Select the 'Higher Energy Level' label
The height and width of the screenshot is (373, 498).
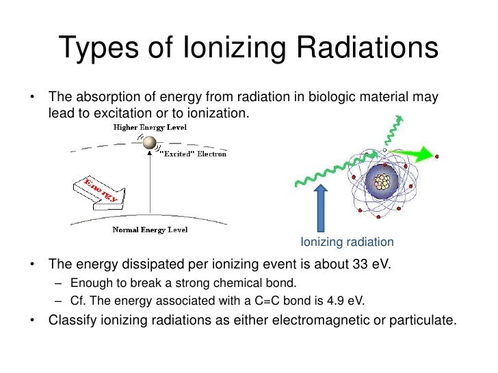pyautogui.click(x=150, y=127)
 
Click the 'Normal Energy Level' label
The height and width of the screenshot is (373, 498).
pyautogui.click(x=150, y=230)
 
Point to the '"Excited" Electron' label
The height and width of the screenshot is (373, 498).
pyautogui.click(x=192, y=154)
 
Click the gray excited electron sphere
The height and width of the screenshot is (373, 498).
pyautogui.click(x=148, y=142)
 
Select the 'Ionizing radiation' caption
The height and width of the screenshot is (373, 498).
pyautogui.click(x=348, y=242)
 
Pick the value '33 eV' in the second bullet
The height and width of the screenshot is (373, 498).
pyautogui.click(x=370, y=264)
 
